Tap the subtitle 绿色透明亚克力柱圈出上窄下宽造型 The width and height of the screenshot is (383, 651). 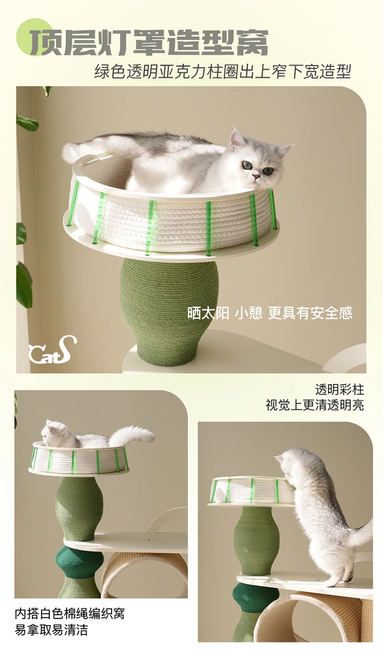(223, 71)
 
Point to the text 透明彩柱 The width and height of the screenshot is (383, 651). (339, 389)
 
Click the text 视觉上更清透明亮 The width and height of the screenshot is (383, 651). (315, 405)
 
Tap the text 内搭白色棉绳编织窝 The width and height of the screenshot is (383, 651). (69, 613)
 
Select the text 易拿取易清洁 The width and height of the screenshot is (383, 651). (51, 630)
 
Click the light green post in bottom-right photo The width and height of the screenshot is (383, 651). (256, 541)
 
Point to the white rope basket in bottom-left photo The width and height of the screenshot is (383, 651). (79, 459)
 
